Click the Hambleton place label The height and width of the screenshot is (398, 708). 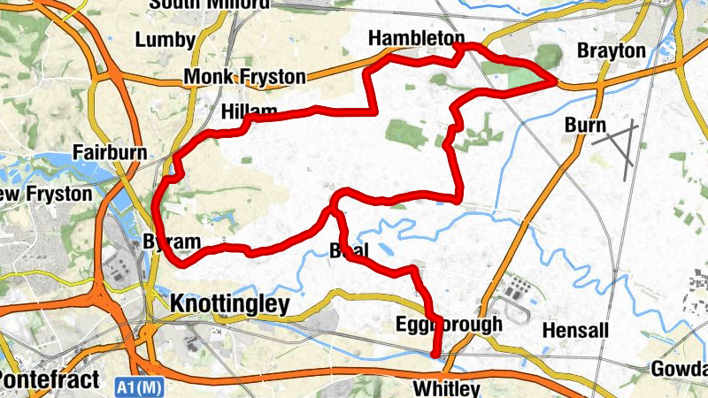(x=416, y=39)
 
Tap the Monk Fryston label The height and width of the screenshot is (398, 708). (x=244, y=78)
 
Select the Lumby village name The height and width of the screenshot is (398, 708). (x=165, y=40)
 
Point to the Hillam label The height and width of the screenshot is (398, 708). (x=249, y=111)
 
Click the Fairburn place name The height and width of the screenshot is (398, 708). (x=110, y=151)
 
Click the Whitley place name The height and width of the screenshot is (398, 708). (x=446, y=388)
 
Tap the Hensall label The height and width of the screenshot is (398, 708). (x=575, y=331)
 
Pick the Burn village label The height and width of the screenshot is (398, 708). (x=585, y=126)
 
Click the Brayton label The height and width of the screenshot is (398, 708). (x=612, y=51)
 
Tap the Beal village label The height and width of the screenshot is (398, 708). (x=348, y=249)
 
